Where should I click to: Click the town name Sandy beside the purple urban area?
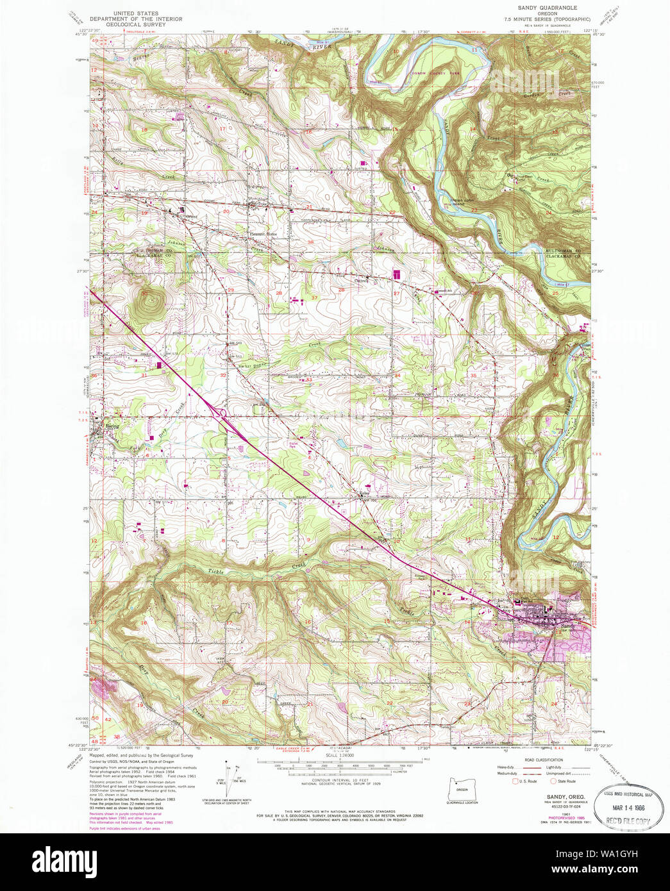[x=567, y=626]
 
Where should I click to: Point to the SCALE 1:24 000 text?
[x=339, y=756]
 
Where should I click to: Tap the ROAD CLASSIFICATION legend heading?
[x=544, y=760]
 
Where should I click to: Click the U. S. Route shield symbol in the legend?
[x=514, y=781]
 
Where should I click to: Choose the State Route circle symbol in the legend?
[x=553, y=781]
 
